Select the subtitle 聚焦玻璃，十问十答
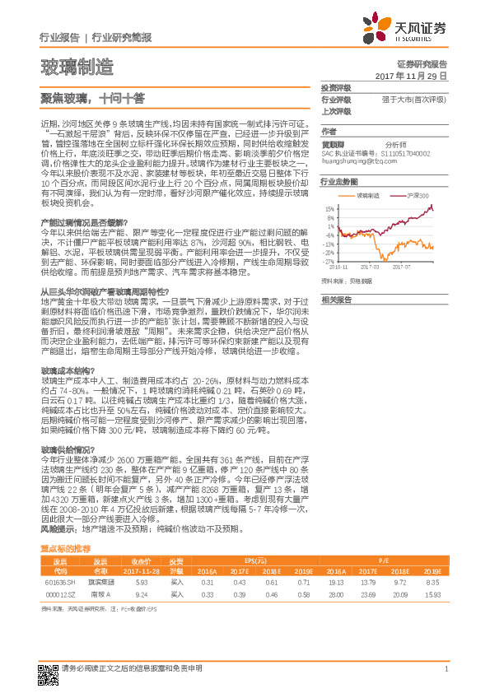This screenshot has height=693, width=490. pos(92,96)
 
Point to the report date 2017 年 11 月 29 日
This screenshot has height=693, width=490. pos(410,75)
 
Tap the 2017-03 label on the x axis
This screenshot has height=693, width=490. pos(371,267)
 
